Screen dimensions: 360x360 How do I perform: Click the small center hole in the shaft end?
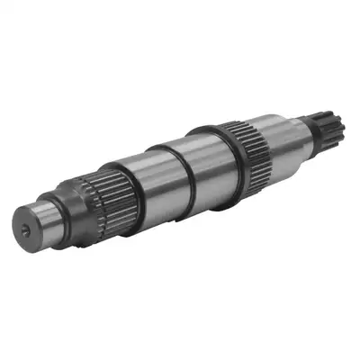pyautogui.click(x=23, y=230)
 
